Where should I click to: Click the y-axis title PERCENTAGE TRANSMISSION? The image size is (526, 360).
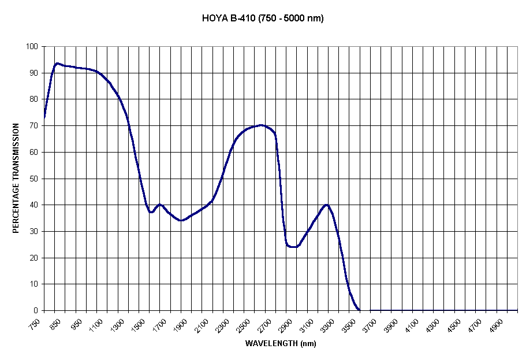(x=16, y=178)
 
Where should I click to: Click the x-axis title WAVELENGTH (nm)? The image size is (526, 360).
(x=281, y=343)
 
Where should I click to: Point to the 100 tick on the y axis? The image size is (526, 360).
(x=32, y=47)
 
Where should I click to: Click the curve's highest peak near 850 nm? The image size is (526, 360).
(x=57, y=63)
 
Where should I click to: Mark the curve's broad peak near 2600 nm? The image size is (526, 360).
(x=261, y=125)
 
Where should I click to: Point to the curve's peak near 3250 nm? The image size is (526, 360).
(x=327, y=205)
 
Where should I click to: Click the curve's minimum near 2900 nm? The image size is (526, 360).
(x=293, y=247)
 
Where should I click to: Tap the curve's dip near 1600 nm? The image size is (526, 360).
(x=151, y=212)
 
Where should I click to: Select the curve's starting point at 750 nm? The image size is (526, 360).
(x=44, y=117)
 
